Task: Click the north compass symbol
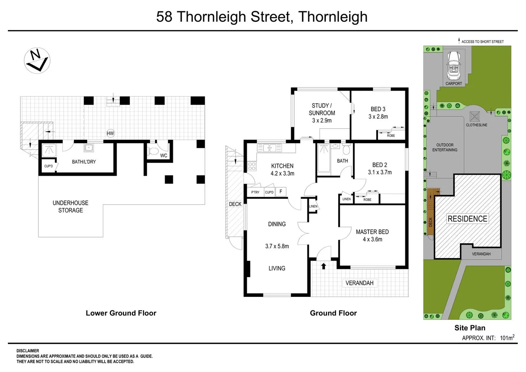click(x=37, y=60)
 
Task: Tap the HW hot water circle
click(x=110, y=133)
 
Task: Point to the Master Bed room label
click(x=372, y=232)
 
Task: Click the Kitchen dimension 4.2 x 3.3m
click(x=282, y=174)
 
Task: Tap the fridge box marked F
click(x=281, y=192)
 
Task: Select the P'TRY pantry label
click(x=255, y=192)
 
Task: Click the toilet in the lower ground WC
click(x=152, y=151)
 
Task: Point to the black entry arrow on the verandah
click(x=323, y=266)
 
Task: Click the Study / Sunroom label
click(x=322, y=109)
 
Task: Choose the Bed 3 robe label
click(x=391, y=135)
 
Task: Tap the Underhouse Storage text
click(x=71, y=207)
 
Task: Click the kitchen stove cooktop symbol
click(x=252, y=166)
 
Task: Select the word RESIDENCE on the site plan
click(x=467, y=219)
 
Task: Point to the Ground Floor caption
click(x=333, y=313)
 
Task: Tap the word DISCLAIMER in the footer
click(x=28, y=351)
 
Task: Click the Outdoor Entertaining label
click(x=445, y=147)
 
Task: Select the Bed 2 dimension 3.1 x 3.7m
click(x=380, y=172)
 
